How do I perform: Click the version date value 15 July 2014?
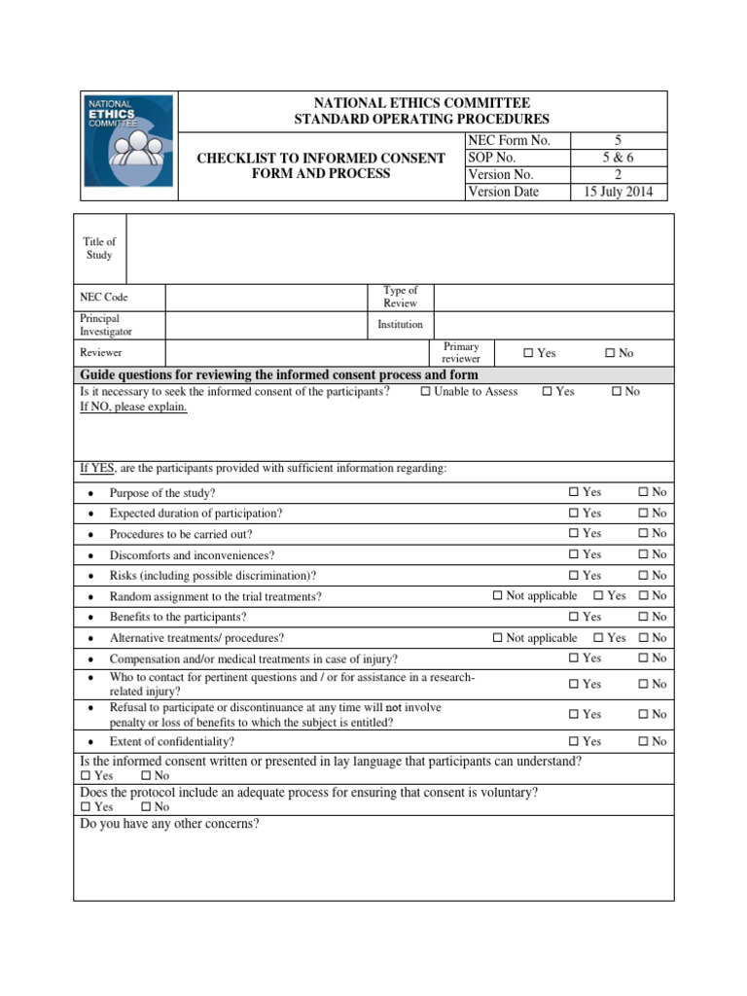[619, 192]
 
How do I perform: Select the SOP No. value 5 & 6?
[619, 158]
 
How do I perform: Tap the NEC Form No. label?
[509, 141]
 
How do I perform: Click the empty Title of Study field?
[399, 249]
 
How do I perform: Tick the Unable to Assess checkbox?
[426, 392]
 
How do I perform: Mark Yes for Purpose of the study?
[574, 492]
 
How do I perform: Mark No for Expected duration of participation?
[643, 513]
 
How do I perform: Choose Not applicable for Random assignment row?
[498, 595]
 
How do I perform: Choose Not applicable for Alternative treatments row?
[498, 638]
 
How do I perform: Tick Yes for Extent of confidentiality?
[574, 741]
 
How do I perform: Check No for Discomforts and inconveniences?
[643, 554]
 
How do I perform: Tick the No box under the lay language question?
[146, 776]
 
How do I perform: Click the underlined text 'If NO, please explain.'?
[133, 407]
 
